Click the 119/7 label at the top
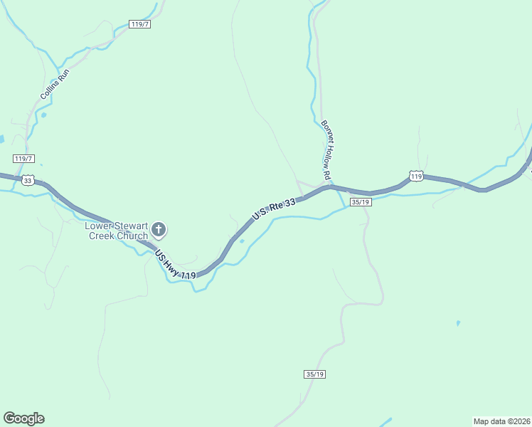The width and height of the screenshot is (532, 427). coord(141,24)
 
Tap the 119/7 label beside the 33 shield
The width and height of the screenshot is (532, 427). coord(23,158)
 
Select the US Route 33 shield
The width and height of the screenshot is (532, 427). coord(28,181)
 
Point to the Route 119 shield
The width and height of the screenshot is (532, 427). coord(416,176)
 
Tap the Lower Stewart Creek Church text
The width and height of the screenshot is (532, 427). coord(116,231)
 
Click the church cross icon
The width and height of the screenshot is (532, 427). coord(159,230)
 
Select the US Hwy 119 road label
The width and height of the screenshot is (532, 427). coord(174,265)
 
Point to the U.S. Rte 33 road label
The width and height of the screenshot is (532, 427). coord(273,209)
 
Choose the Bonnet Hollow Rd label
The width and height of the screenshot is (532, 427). coord(327,149)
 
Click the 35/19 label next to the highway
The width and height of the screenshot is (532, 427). coord(360,202)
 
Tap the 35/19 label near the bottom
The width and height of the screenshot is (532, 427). coord(314,374)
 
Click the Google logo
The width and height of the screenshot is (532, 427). coord(23,418)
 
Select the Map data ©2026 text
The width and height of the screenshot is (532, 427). coord(501,421)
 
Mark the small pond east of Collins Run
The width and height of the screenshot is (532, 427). coord(44,115)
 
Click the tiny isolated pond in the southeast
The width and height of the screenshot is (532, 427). coord(458,324)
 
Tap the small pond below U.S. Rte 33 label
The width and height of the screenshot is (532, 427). coord(242,241)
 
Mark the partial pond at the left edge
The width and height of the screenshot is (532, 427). coord(2,139)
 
